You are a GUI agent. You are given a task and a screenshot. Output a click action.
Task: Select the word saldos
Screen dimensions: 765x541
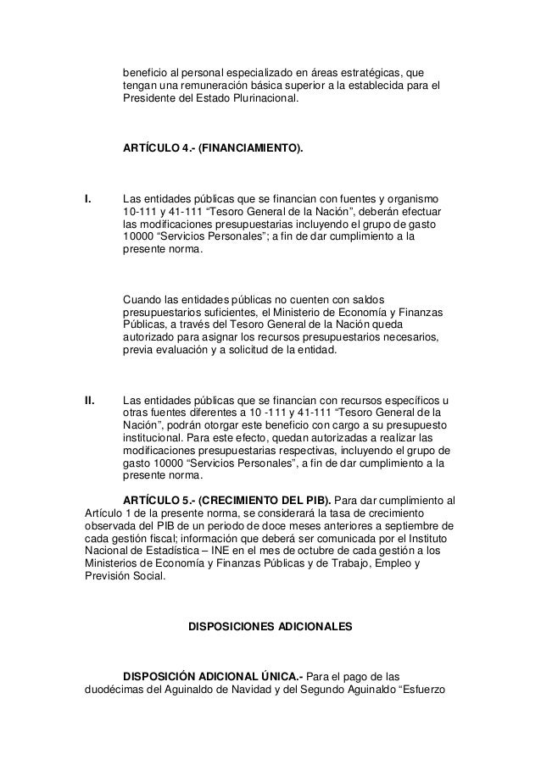pyautogui.click(x=367, y=300)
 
